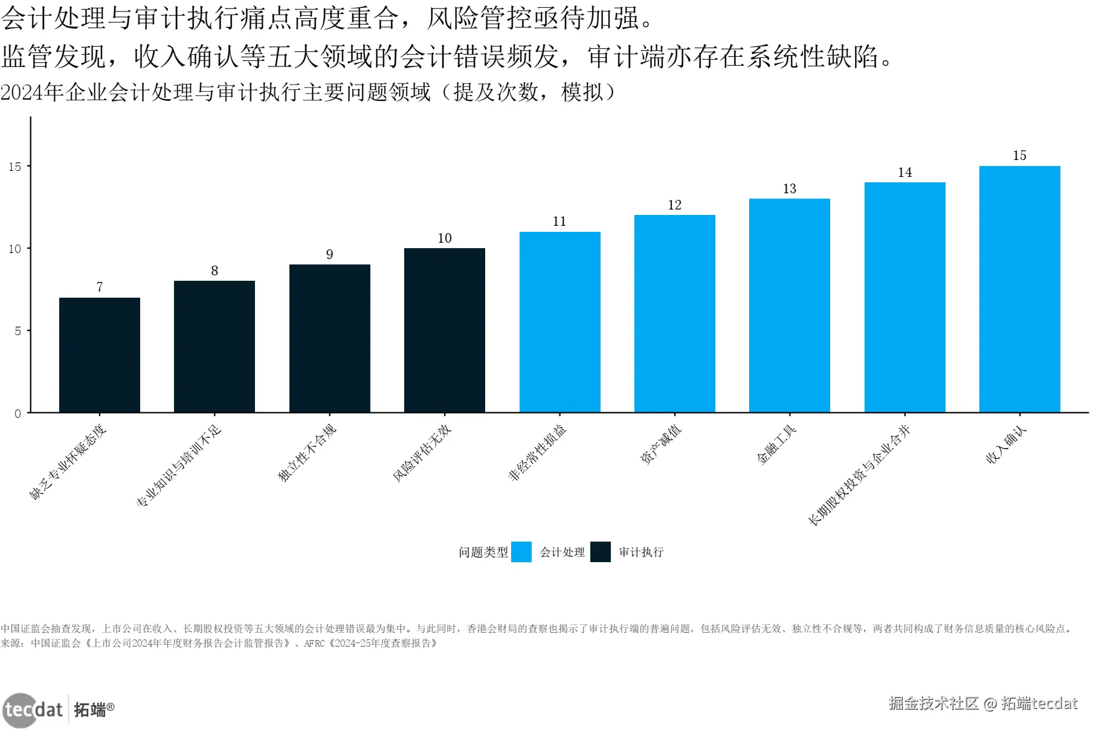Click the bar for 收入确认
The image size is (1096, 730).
point(1019,289)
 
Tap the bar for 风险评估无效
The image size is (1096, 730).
point(445,330)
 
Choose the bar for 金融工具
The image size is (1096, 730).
point(789,306)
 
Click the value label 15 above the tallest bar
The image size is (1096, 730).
point(1019,156)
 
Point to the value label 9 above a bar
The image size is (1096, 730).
point(329,254)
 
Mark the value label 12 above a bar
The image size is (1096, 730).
point(674,205)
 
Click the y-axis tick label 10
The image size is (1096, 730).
point(15,249)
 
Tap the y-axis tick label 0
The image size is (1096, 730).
point(18,414)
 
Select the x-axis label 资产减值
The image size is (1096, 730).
point(660,444)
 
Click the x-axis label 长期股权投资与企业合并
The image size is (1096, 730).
point(859,475)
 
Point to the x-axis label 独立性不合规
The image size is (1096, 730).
point(307,453)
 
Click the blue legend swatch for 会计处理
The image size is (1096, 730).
point(521,552)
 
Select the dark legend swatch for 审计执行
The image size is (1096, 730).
point(600,552)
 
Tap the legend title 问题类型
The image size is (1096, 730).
point(483,552)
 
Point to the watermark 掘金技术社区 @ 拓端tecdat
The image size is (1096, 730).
point(982,703)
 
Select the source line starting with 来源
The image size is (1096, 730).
point(219,644)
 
